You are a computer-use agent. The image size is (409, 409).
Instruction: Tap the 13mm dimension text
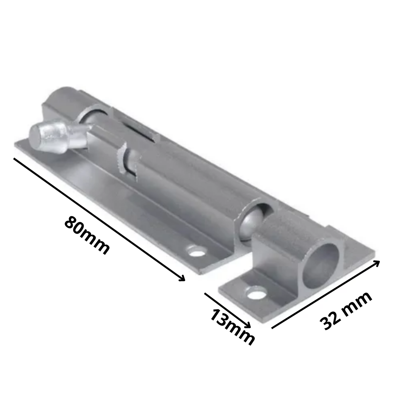click(x=232, y=326)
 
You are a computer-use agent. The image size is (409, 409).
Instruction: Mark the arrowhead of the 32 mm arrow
click(x=377, y=262)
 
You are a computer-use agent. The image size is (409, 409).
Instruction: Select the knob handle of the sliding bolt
click(x=53, y=137)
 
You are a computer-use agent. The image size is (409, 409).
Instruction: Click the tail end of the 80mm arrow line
click(x=14, y=158)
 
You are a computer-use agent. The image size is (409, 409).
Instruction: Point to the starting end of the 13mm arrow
click(x=205, y=293)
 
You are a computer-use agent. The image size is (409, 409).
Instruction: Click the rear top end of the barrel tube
click(x=64, y=94)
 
